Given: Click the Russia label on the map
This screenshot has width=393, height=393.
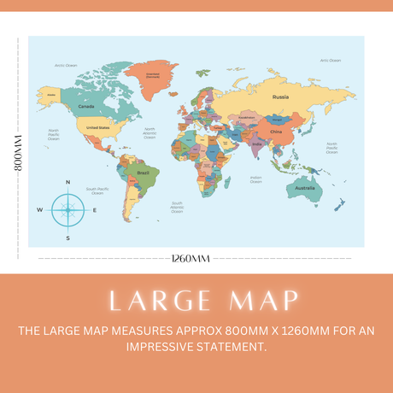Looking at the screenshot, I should [x=280, y=97].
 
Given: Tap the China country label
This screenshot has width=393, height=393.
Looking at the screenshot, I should [x=275, y=132].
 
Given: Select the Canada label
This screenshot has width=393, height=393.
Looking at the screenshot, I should [x=86, y=106].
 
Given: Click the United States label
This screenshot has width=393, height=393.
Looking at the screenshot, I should [x=98, y=127].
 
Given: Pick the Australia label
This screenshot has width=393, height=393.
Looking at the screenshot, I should [x=305, y=187].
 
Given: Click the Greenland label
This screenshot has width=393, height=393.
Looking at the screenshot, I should [x=153, y=75].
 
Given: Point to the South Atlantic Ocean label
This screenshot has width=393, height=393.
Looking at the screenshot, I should [x=177, y=206].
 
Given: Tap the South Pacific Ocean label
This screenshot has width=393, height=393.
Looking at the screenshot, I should [x=97, y=191].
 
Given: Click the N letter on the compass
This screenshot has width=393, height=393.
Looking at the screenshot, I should [x=68, y=182].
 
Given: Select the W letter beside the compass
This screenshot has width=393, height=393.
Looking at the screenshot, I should [x=39, y=209].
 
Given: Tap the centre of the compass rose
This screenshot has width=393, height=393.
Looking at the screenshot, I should [x=68, y=209].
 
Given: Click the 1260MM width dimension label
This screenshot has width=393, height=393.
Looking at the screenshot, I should [x=190, y=258].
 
